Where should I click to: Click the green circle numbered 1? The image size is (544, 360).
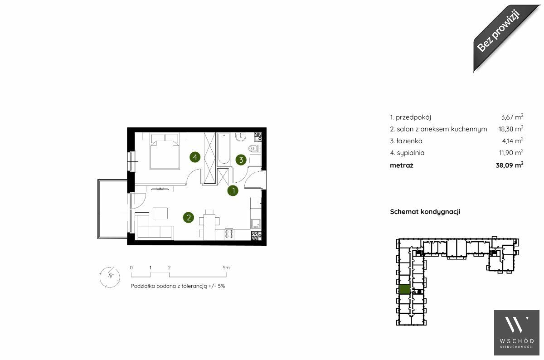pos(233,191)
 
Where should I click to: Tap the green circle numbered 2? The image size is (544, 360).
pos(189,218)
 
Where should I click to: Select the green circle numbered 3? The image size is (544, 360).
pos(241,160)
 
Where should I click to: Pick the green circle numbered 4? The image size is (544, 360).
pos(195,157)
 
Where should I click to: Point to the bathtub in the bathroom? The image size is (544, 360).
pos(223,149)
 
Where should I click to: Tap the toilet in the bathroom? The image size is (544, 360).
pos(254,148)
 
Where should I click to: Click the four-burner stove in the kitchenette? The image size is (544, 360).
pos(229,234)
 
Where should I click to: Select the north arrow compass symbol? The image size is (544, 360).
pos(110,277)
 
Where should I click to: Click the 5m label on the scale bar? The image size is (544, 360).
pos(226,268)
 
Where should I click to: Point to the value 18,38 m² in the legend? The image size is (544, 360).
pos(511,129)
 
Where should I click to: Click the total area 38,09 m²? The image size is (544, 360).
pos(510,165)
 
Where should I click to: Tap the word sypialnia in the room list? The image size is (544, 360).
pos(411,153)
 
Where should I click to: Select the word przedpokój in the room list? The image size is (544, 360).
pos(413,117)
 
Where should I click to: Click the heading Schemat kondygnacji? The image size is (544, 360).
pos(425,212)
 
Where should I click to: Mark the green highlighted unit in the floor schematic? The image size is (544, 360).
pos(404,289)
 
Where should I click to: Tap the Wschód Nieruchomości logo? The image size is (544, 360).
pos(516,333)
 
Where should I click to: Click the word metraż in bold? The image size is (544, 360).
pos(402,165)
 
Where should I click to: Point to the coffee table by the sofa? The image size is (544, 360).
pos(160,214)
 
